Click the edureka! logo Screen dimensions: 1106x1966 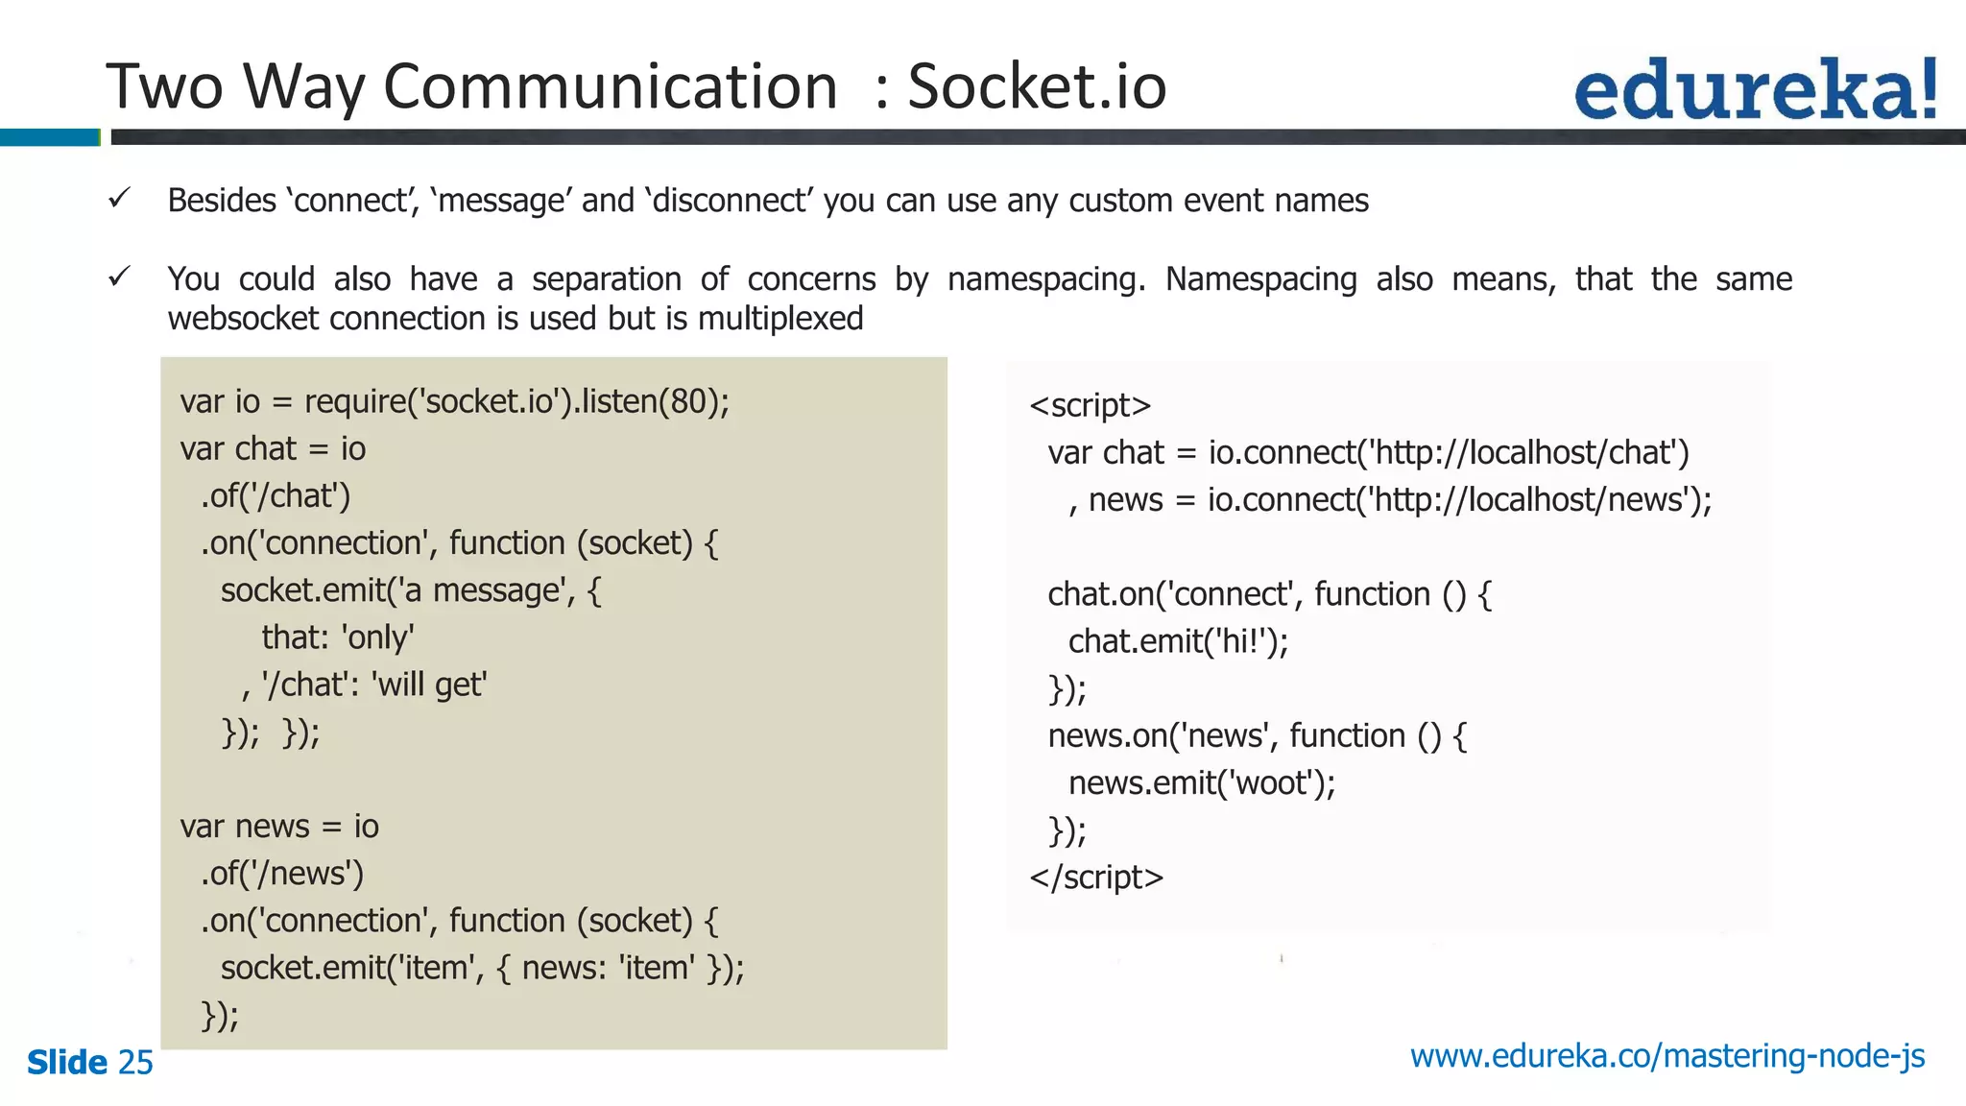1755,89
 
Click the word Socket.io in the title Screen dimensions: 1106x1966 1037,86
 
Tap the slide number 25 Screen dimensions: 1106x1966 135,1063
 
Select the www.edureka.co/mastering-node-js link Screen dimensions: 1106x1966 1667,1056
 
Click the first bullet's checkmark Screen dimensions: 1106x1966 119,199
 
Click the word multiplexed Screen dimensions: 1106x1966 780,319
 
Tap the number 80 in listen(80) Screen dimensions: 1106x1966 688,401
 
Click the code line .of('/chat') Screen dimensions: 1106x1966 276,495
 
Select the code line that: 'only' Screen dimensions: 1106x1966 338,637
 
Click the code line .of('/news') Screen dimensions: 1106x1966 282,874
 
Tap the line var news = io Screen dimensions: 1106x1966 279,827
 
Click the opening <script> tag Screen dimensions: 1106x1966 1090,406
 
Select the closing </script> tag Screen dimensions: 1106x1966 1096,878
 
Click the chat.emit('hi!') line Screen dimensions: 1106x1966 1178,641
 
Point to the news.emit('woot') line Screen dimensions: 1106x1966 1201,783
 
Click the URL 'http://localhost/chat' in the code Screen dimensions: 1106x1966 1525,452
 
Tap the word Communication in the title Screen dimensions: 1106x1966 611,86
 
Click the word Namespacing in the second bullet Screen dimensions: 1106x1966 1260,279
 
